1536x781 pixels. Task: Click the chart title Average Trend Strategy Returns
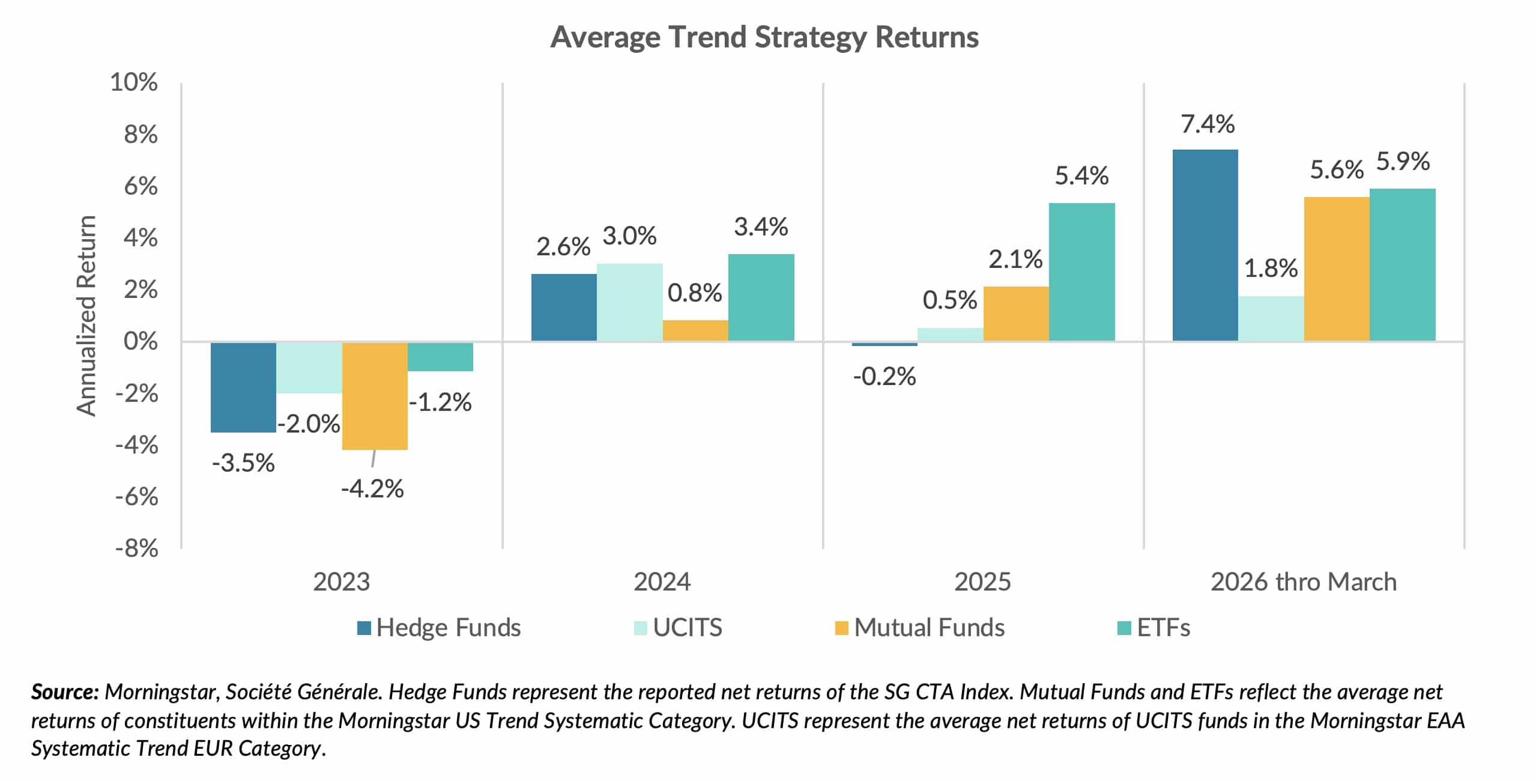click(x=764, y=37)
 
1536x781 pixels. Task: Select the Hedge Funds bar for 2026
click(x=1205, y=245)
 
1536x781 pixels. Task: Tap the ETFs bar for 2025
click(x=1081, y=272)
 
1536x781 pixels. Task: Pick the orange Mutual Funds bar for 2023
click(x=375, y=396)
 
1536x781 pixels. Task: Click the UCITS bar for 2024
click(x=629, y=302)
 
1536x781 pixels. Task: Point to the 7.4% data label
click(x=1207, y=124)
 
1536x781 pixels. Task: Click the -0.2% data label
click(x=884, y=377)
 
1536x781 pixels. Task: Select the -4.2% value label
click(x=372, y=489)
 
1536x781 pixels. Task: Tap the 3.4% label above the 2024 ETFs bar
click(x=760, y=227)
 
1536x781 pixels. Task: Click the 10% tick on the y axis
click(x=133, y=82)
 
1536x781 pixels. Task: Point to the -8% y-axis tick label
click(x=137, y=549)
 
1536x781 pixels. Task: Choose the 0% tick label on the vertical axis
click(x=140, y=341)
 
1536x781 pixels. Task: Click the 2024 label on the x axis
click(x=662, y=582)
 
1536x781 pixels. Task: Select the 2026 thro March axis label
click(x=1303, y=582)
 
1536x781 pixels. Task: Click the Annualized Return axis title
click(x=86, y=315)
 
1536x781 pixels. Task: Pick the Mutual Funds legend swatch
click(x=841, y=628)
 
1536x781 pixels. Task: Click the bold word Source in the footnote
click(x=64, y=692)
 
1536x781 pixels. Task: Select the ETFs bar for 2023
click(x=440, y=357)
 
